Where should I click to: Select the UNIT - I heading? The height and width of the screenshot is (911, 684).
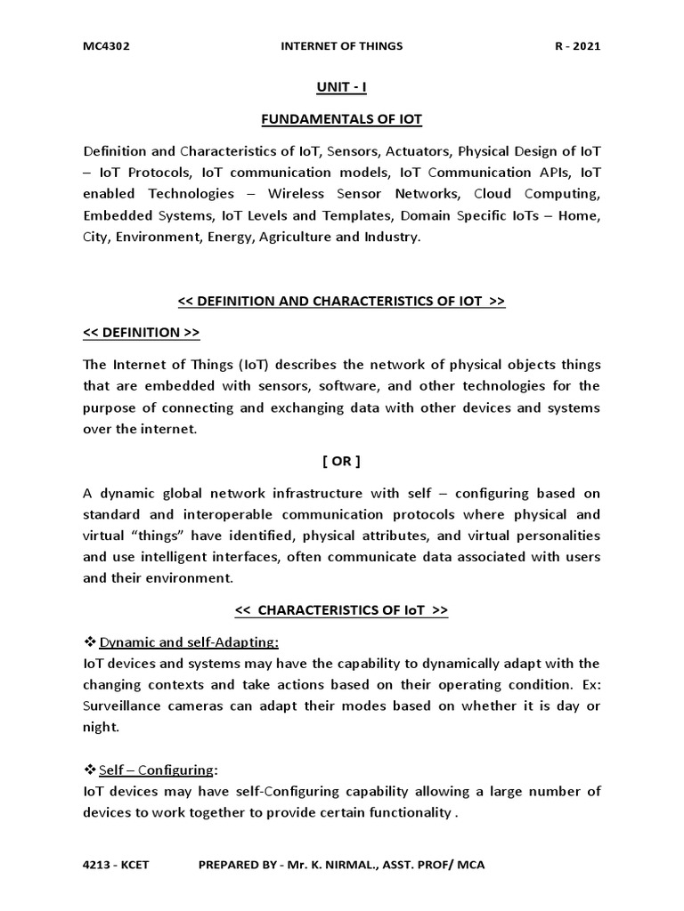pyautogui.click(x=341, y=87)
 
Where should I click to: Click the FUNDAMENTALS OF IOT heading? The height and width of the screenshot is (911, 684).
pyautogui.click(x=341, y=119)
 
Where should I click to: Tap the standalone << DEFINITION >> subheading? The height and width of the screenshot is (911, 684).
pyautogui.click(x=142, y=333)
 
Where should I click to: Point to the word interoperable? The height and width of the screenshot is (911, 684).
pyautogui.click(x=235, y=514)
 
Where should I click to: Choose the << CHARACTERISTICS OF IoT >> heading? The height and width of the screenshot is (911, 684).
pyautogui.click(x=341, y=610)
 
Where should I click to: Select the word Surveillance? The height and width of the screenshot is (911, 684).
pyautogui.click(x=122, y=706)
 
